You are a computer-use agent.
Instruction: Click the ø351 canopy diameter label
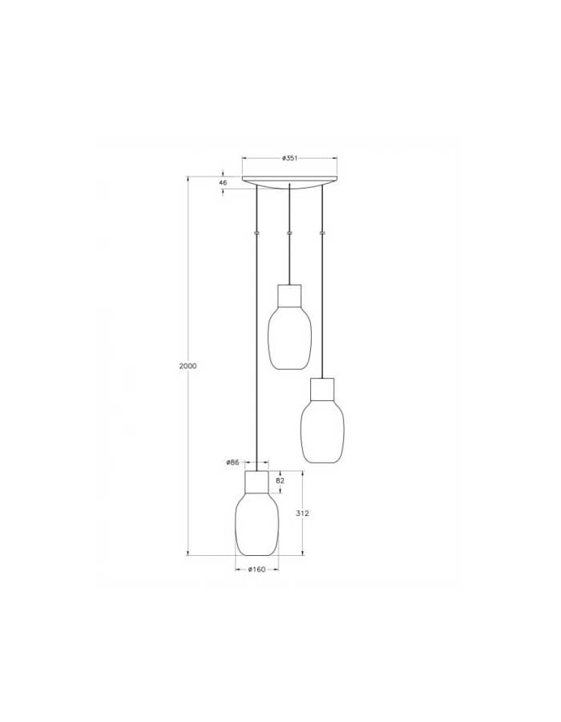coord(289,158)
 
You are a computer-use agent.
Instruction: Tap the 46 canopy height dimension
coord(223,183)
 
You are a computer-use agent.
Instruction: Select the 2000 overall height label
coord(188,366)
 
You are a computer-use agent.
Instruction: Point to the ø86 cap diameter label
coord(232,462)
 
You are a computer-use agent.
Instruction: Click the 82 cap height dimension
coord(280,481)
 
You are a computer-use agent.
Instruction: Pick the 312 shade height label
coord(302,513)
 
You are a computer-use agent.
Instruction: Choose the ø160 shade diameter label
coord(256,570)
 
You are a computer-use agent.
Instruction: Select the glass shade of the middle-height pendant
coord(322,430)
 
